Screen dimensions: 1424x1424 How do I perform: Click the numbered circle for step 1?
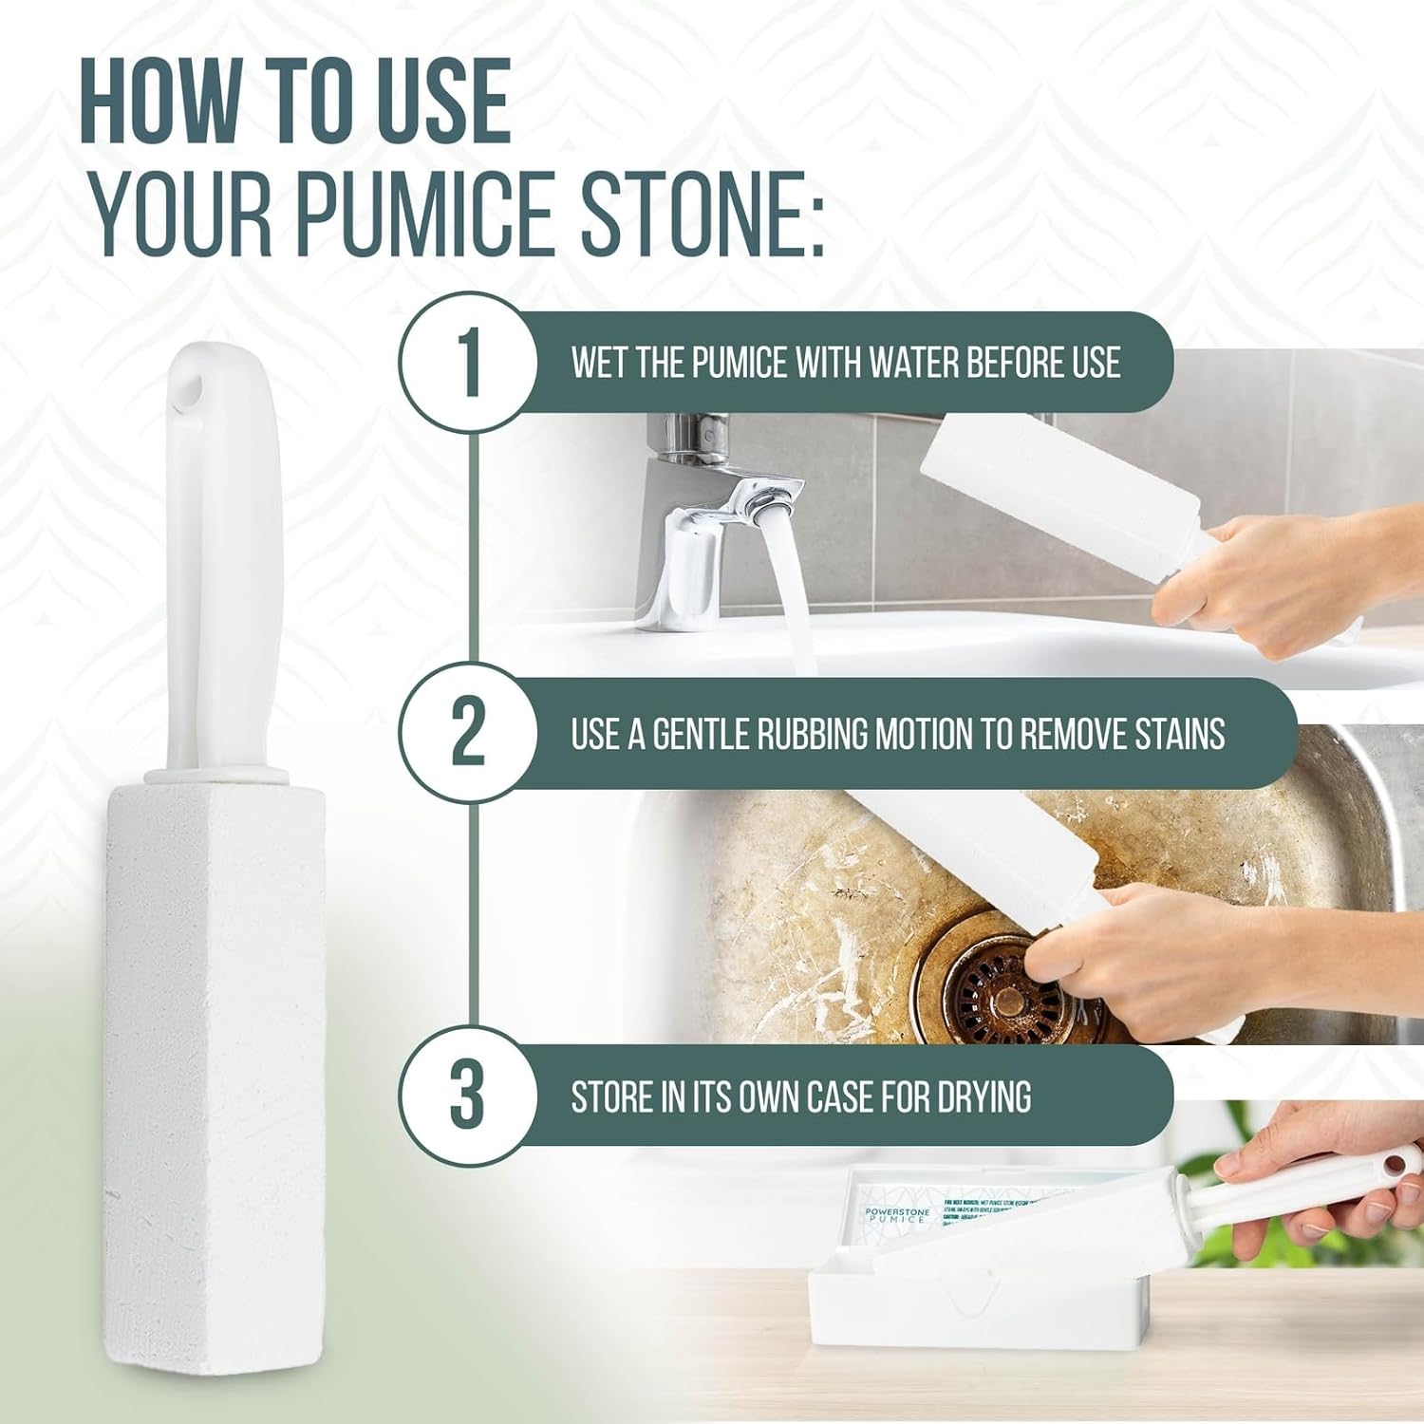(467, 363)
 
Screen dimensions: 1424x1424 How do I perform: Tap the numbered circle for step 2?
(467, 733)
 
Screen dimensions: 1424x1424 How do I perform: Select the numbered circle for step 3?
(467, 1096)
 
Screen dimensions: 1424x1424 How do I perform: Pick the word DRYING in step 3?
(984, 1096)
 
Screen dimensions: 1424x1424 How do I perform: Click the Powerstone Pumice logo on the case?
(896, 1214)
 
